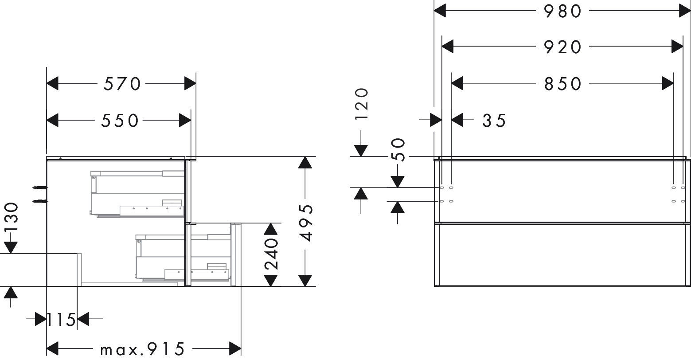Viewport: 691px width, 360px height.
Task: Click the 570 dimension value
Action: tap(122, 83)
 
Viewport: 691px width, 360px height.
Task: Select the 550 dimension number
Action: tap(119, 120)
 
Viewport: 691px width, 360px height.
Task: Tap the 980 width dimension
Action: tap(562, 11)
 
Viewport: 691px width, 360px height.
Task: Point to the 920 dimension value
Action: tap(562, 46)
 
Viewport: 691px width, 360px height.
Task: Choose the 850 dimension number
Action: tap(562, 83)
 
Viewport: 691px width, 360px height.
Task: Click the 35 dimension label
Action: tap(494, 120)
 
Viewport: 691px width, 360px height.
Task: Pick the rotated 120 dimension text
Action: tap(361, 104)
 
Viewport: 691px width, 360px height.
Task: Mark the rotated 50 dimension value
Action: tap(398, 150)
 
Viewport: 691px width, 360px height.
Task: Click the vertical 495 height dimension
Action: tap(306, 222)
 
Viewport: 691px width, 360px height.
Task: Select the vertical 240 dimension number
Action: tap(271, 254)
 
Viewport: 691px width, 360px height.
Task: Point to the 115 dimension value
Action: tap(62, 319)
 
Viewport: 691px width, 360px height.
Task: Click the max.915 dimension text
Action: tap(142, 350)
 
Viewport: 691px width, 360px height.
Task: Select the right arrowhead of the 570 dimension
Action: tap(190, 83)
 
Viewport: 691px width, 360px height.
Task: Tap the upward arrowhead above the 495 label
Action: tap(305, 163)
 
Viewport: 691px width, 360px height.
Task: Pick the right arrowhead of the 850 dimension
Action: tap(668, 83)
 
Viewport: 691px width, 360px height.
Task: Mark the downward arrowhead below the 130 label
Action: tap(11, 247)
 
